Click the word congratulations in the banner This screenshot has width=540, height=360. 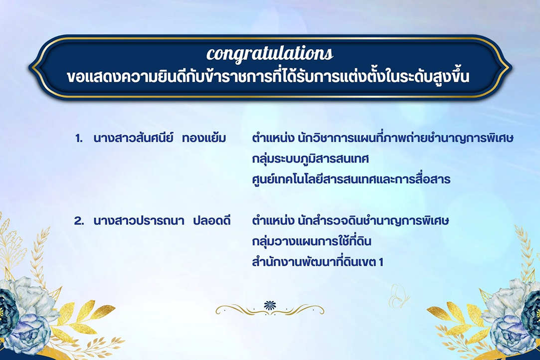point(270,53)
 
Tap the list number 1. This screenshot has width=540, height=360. point(79,139)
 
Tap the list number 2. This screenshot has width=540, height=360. point(79,221)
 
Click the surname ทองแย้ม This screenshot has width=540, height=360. point(204,139)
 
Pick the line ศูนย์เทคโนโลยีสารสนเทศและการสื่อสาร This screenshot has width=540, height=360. point(351,180)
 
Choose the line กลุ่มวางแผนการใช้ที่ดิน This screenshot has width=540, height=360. point(313,241)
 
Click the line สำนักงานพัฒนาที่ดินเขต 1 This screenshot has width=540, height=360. point(318,262)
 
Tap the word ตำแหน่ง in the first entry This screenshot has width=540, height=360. point(272,139)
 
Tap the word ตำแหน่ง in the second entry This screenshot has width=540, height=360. point(272,221)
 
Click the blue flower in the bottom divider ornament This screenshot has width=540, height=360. point(270,305)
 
